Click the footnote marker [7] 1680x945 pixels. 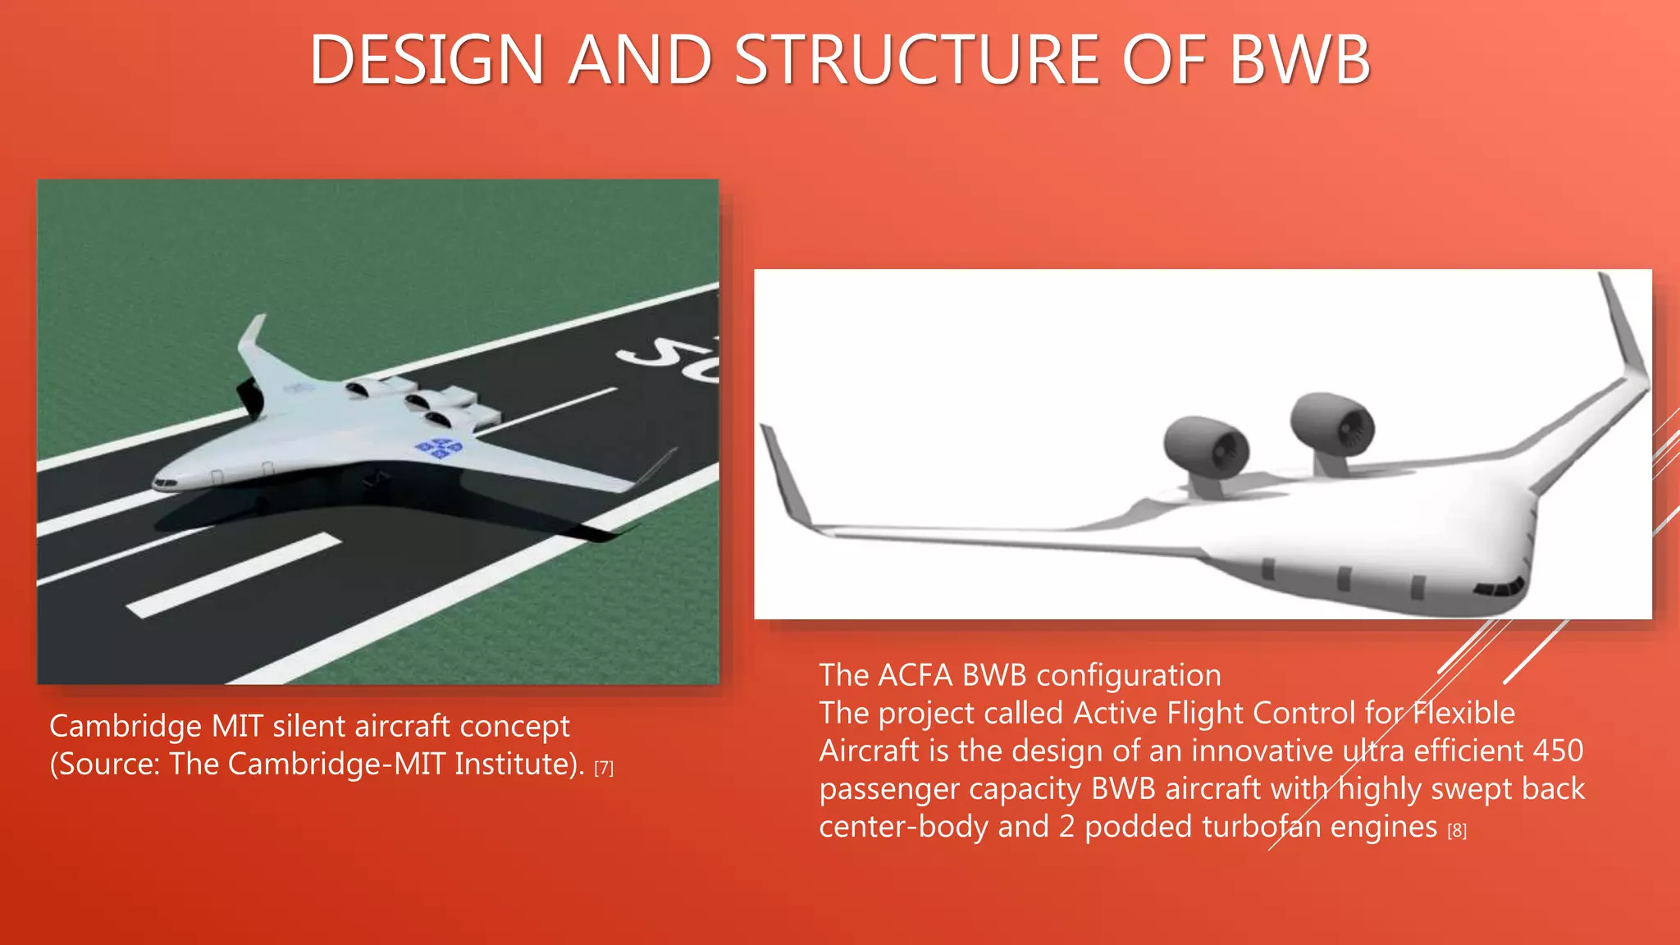(x=604, y=768)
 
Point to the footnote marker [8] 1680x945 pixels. (x=1457, y=830)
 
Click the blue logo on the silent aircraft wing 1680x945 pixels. (x=439, y=448)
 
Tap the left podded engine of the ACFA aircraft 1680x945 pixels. (x=1206, y=447)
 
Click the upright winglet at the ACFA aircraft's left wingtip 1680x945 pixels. (x=783, y=476)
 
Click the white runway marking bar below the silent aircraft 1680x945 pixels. (x=234, y=574)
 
